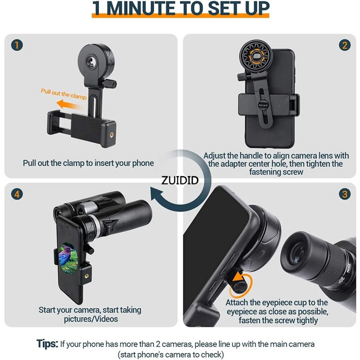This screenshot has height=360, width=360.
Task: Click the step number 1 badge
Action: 17,45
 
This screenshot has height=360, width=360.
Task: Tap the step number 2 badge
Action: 345,45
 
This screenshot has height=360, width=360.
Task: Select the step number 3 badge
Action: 345,194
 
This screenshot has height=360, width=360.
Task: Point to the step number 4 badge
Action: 17,194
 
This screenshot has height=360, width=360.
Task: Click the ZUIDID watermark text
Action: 180,180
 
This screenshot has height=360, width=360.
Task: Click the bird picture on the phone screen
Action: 68,258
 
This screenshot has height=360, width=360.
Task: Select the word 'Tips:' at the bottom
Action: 47,344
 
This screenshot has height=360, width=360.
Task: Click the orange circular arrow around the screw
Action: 241,285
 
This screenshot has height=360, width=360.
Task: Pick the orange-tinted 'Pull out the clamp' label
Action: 63,94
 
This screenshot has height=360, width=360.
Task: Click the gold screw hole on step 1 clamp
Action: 112,135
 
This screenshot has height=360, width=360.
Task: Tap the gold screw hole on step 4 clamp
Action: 86,276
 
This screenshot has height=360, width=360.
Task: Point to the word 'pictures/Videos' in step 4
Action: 91,319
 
